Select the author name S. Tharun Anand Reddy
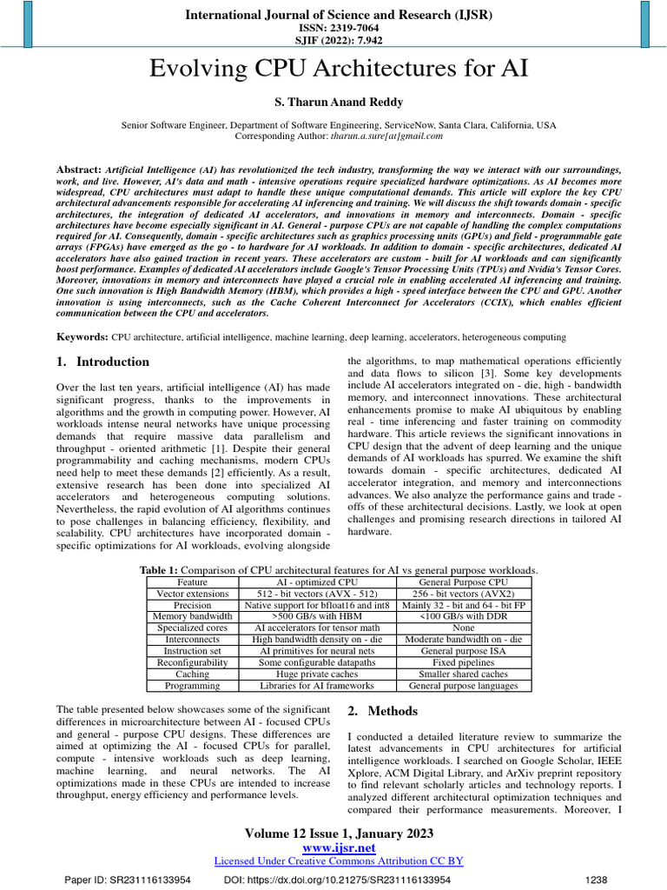(x=333, y=102)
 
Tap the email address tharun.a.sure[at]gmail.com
(x=386, y=136)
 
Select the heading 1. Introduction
(x=102, y=362)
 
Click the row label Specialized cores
(x=192, y=627)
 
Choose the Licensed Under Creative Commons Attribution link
(x=337, y=860)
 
